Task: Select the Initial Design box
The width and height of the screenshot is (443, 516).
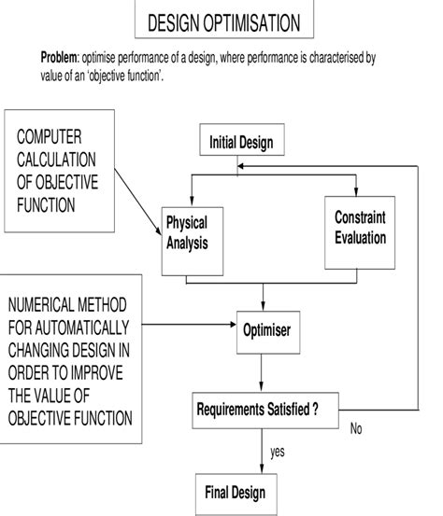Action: click(241, 143)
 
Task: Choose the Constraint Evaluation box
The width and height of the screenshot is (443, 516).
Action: click(360, 226)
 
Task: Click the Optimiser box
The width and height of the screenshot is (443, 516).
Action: click(265, 330)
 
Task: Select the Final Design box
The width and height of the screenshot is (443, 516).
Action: click(236, 492)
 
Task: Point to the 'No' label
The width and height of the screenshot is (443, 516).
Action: click(356, 429)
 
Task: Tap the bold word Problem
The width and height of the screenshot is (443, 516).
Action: click(59, 58)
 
